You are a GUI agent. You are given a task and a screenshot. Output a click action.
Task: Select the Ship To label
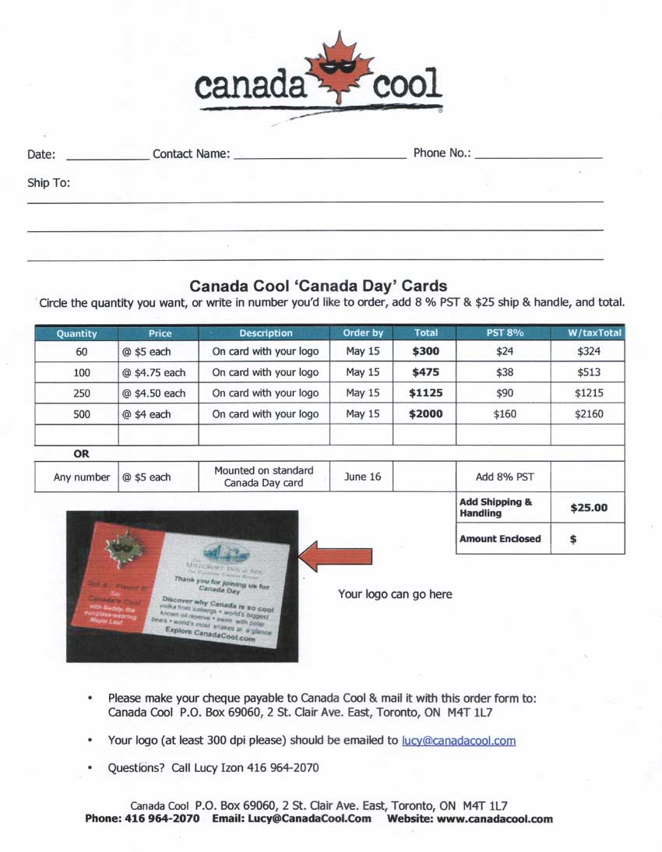coord(48,184)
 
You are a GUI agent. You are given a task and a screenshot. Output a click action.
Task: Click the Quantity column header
coord(76,333)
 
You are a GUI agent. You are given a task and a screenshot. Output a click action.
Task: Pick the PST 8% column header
coord(504,333)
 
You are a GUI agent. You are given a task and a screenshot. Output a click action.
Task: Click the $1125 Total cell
coord(425,393)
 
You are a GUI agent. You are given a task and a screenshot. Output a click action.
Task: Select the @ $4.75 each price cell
coord(153,372)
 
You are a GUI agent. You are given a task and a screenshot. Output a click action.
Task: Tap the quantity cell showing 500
coord(82,414)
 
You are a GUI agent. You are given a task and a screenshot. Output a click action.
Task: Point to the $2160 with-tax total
coord(589,414)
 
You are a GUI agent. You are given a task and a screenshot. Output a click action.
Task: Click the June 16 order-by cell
coord(361,477)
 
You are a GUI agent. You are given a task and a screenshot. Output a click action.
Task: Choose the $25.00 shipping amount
coord(589,508)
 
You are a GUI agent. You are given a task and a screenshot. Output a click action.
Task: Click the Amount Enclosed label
coord(500,539)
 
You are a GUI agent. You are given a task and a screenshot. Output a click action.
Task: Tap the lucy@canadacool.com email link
coord(458,741)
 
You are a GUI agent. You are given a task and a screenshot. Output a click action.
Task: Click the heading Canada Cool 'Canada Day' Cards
coord(318,286)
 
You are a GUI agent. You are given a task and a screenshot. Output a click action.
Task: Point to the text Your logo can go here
coord(395,594)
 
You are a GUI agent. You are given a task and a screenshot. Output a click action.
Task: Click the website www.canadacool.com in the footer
coord(495,819)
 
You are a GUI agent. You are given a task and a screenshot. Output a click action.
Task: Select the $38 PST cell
coord(505,372)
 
